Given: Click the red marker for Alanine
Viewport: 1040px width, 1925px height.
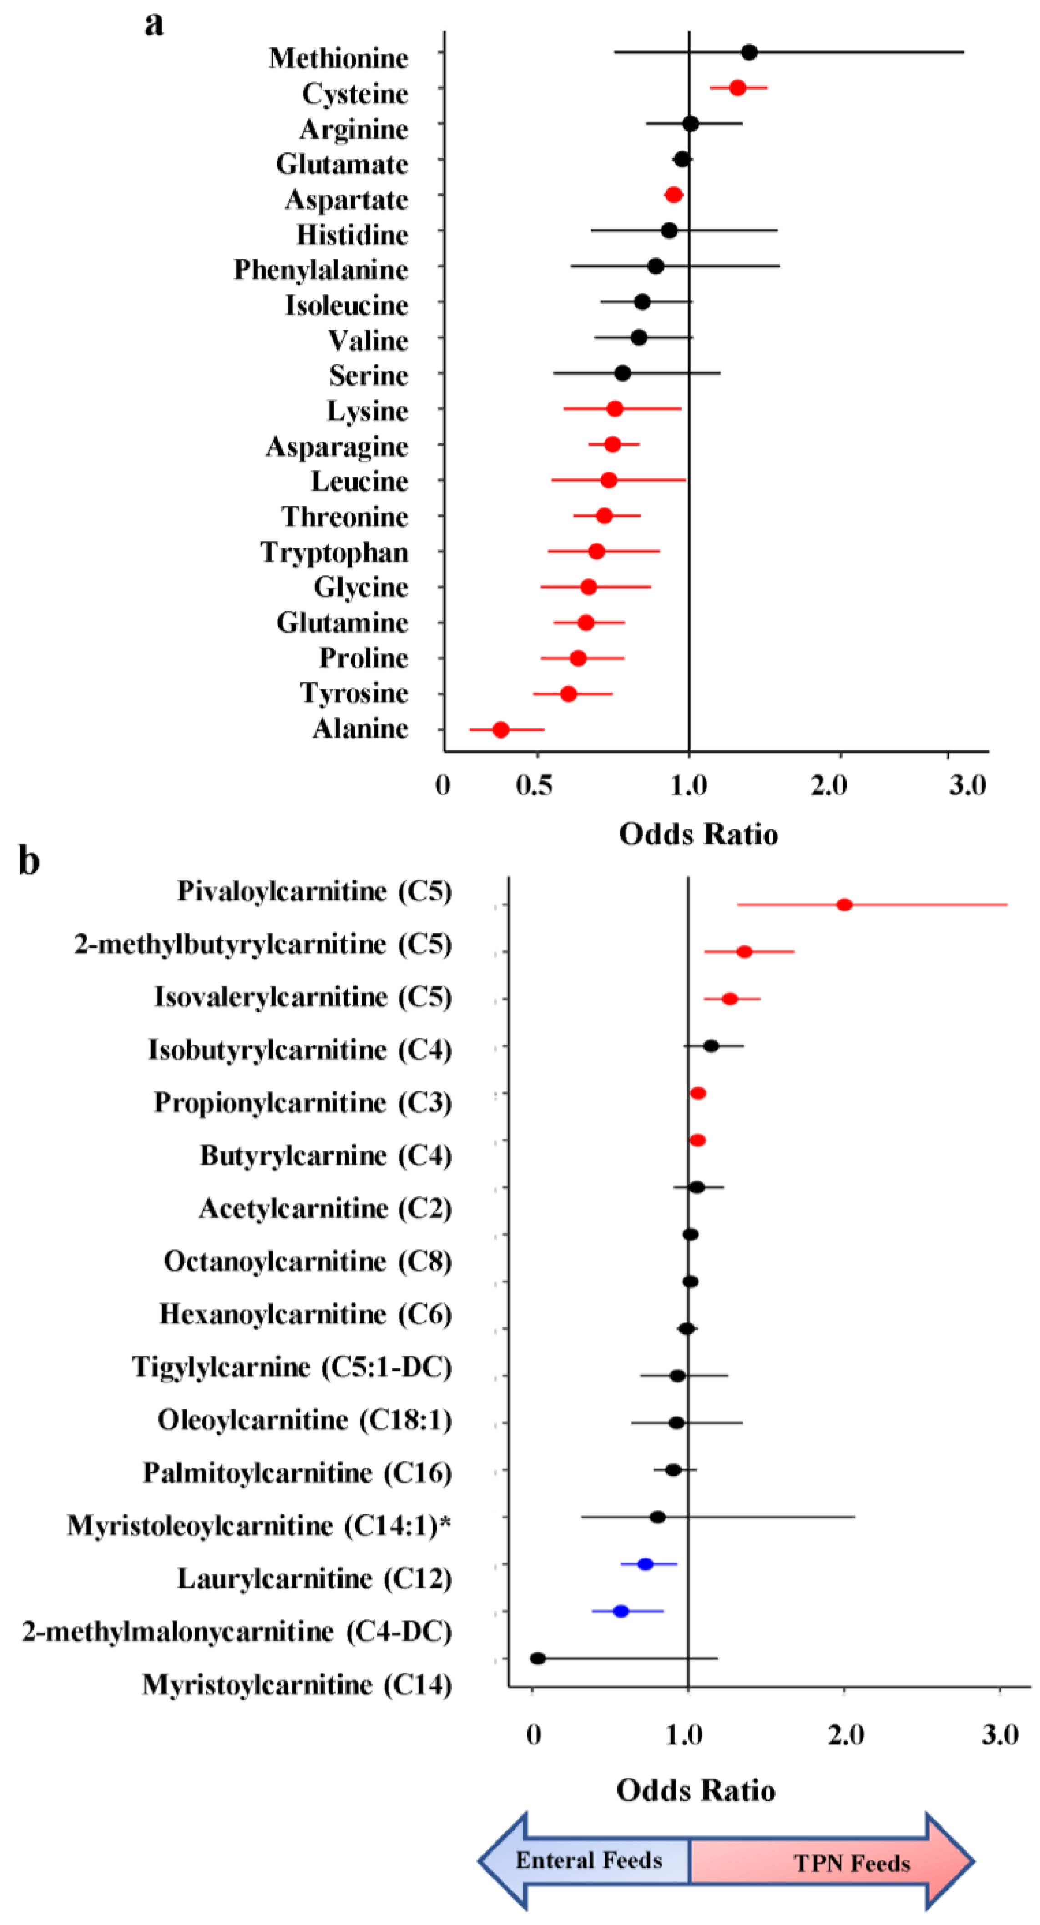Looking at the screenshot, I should pyautogui.click(x=500, y=729).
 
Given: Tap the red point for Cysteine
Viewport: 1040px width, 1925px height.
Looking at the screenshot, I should pyautogui.click(x=737, y=88).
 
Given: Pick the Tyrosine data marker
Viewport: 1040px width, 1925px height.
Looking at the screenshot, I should pyautogui.click(x=568, y=694).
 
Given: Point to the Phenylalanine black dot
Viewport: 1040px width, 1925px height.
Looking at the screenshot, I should pyautogui.click(x=656, y=266).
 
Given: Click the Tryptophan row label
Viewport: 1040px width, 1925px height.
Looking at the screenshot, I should pyautogui.click(x=334, y=552).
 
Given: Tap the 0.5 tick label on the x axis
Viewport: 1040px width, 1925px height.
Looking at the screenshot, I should pyautogui.click(x=534, y=785).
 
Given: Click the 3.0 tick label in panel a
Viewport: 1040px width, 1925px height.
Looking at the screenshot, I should pyautogui.click(x=968, y=785).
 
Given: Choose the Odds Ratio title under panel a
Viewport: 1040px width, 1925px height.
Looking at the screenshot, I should pyautogui.click(x=698, y=834).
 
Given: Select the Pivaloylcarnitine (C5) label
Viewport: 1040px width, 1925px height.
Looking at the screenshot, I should pyautogui.click(x=314, y=891).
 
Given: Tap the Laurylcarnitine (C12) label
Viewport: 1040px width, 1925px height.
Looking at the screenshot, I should pyautogui.click(x=314, y=1578).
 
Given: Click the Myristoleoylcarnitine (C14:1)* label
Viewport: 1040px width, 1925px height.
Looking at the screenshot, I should pyautogui.click(x=259, y=1525).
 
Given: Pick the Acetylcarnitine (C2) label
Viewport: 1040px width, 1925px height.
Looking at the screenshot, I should pyautogui.click(x=325, y=1208).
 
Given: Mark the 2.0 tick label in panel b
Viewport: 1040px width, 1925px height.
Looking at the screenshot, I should pyautogui.click(x=846, y=1734).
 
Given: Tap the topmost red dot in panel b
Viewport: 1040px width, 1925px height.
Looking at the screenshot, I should pyautogui.click(x=844, y=905).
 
